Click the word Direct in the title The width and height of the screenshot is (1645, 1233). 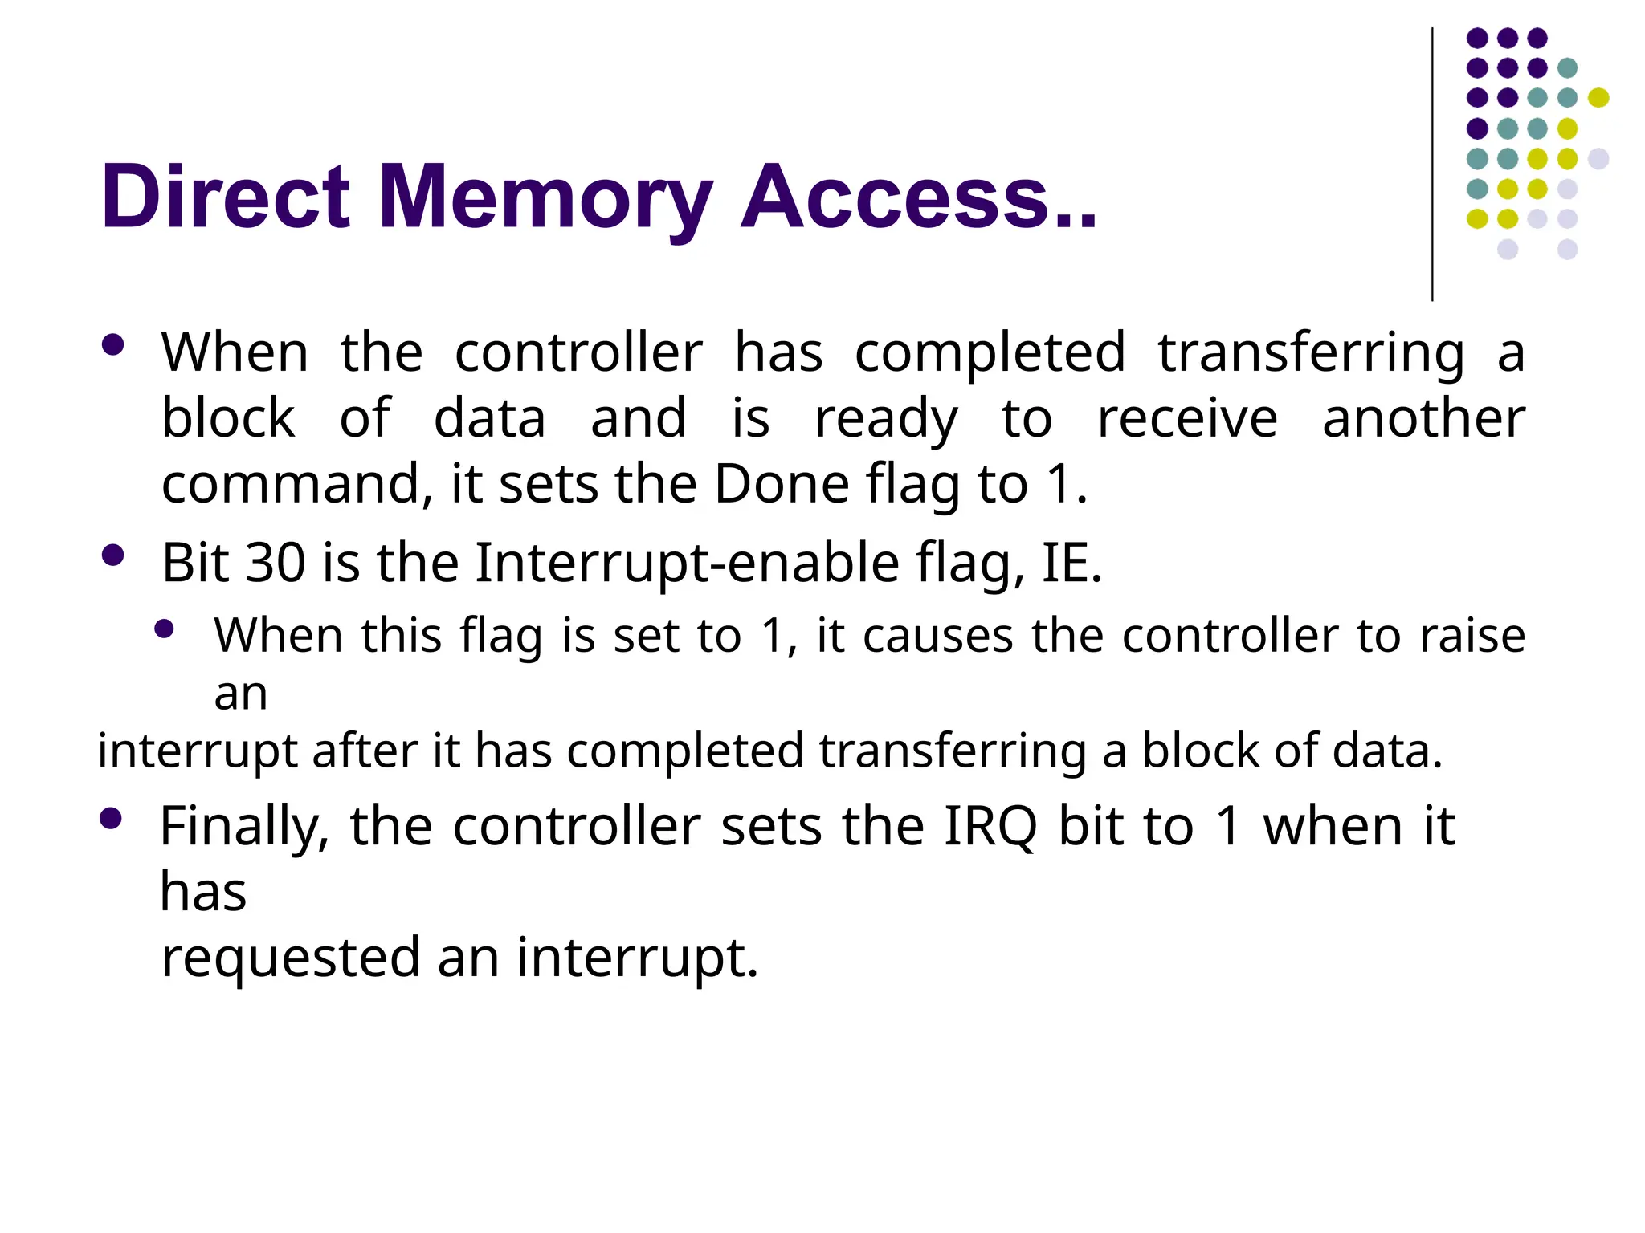(x=226, y=197)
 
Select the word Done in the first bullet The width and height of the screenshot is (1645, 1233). (x=781, y=484)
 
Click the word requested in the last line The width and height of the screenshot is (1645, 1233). (x=291, y=958)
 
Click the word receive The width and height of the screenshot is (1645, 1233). (x=1186, y=418)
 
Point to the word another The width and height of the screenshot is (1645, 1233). (x=1423, y=418)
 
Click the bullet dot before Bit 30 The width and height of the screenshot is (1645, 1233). (x=113, y=555)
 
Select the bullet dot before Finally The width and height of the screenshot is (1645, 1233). (x=111, y=819)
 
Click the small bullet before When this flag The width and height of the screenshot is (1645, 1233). (x=165, y=629)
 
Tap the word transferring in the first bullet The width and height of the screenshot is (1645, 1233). (x=1311, y=353)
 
